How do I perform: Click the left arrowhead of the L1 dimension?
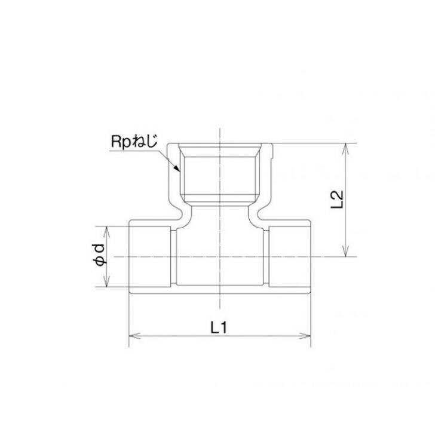click(x=132, y=337)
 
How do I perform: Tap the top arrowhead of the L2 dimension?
click(x=346, y=147)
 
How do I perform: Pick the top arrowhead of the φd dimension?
click(x=108, y=229)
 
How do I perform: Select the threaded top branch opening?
click(x=220, y=173)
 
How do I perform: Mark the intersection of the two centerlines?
click(x=220, y=256)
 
